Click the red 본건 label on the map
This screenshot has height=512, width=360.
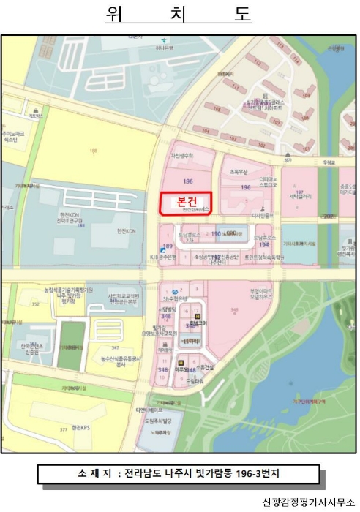pyautogui.click(x=185, y=202)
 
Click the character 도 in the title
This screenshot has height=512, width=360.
pyautogui.click(x=243, y=14)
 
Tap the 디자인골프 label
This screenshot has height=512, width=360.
pyautogui.click(x=263, y=215)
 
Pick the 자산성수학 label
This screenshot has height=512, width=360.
pyautogui.click(x=181, y=156)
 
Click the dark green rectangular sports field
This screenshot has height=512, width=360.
pyautogui.click(x=71, y=345)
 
